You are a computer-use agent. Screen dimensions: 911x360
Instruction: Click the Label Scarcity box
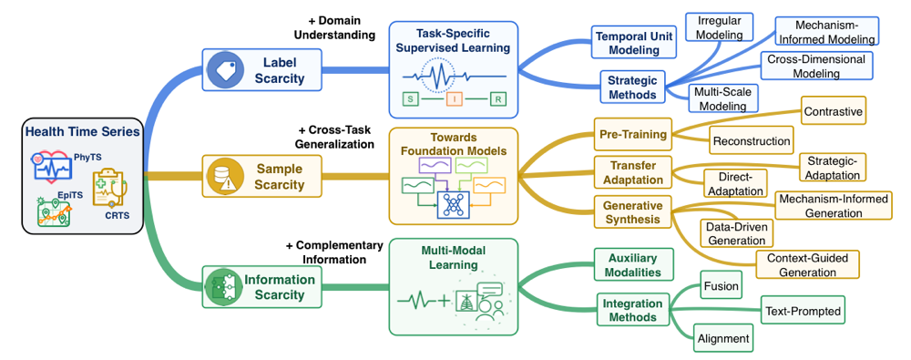pyautogui.click(x=261, y=70)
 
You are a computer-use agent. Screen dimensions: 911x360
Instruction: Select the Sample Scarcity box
pyautogui.click(x=261, y=176)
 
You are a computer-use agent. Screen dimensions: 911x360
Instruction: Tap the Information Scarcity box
pyautogui.click(x=261, y=287)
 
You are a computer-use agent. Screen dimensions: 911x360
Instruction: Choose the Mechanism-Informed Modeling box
pyautogui.click(x=827, y=31)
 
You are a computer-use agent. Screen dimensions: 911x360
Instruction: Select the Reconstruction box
pyautogui.click(x=752, y=140)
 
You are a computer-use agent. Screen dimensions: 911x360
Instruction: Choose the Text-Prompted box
pyautogui.click(x=803, y=311)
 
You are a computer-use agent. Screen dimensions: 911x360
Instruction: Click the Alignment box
pyautogui.click(x=723, y=338)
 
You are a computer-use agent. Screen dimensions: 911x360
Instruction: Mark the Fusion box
pyautogui.click(x=721, y=285)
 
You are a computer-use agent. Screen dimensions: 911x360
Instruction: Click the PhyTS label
pyautogui.click(x=86, y=157)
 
